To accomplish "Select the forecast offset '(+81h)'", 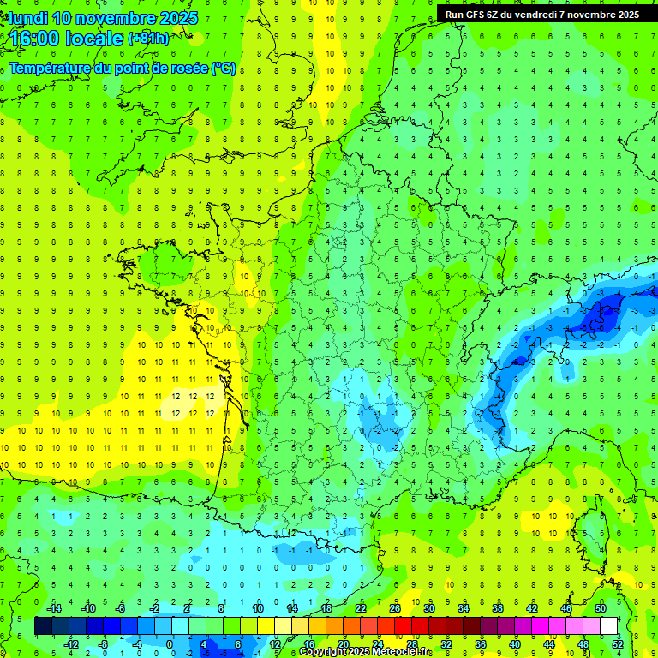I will (x=148, y=39).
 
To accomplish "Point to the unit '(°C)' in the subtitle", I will (x=224, y=69).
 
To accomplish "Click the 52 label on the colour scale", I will (x=615, y=644).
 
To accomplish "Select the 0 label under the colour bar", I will (x=170, y=644).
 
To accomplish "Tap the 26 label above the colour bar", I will (x=394, y=608).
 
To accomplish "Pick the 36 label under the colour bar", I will (x=480, y=644).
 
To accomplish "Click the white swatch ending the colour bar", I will (x=608, y=626).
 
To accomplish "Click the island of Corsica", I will (x=589, y=531).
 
